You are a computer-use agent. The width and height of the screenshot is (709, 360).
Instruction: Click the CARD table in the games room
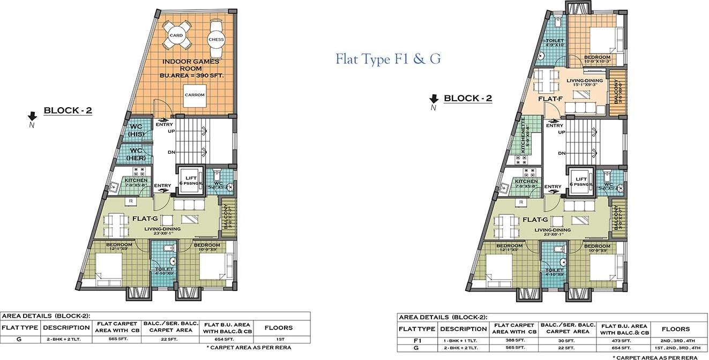pyautogui.click(x=176, y=36)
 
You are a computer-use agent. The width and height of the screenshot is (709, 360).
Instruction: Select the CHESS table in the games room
pyautogui.click(x=216, y=39)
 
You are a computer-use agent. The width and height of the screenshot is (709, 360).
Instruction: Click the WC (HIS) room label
pyautogui.click(x=137, y=130)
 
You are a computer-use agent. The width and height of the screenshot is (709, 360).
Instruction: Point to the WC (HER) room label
pyautogui.click(x=137, y=154)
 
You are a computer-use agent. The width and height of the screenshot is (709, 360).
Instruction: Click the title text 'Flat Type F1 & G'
pyautogui.click(x=388, y=58)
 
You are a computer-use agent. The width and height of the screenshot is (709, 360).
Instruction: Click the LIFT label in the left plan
pyautogui.click(x=191, y=178)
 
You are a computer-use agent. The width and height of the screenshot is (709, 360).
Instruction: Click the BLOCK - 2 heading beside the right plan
pyautogui.click(x=468, y=98)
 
